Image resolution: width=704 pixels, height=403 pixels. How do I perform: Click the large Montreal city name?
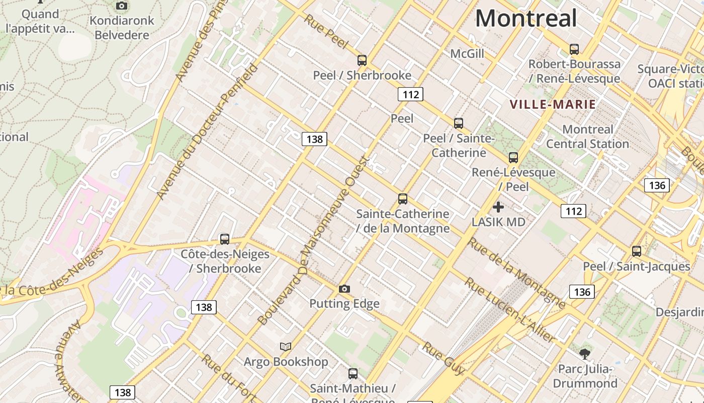tap(525, 19)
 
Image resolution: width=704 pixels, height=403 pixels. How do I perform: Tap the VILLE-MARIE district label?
tap(553, 105)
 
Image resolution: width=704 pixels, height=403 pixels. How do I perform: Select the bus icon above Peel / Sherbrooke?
tap(362, 60)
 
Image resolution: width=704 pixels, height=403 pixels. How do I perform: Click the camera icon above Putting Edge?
tap(344, 289)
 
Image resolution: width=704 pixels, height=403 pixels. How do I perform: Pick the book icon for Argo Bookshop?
tap(286, 347)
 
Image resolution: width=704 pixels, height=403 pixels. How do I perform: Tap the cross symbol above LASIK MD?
tap(498, 207)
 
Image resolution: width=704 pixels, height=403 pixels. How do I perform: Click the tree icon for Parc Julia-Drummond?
tap(585, 354)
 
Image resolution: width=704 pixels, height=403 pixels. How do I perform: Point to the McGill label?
tap(467, 53)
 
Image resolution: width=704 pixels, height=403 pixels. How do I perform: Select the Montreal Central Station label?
tap(587, 137)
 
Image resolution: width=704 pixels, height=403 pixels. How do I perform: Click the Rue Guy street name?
tap(444, 358)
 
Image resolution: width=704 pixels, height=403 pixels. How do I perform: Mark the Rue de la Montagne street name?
tap(517, 273)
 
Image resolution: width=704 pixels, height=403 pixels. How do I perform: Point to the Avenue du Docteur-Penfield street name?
tap(207, 132)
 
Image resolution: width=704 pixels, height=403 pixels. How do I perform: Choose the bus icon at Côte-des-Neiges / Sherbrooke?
tap(225, 239)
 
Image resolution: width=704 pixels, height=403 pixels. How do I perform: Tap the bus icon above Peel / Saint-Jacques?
tap(637, 251)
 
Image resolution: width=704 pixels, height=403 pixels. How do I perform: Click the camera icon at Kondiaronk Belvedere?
tap(121, 6)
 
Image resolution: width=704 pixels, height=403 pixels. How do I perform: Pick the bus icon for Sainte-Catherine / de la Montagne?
tap(403, 198)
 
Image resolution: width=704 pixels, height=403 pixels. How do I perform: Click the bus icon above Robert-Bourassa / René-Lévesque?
tap(574, 49)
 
